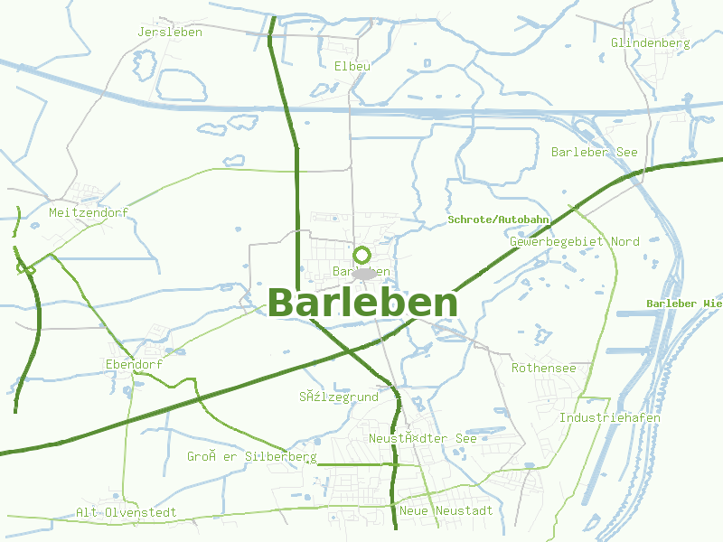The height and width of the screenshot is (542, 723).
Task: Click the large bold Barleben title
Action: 362,304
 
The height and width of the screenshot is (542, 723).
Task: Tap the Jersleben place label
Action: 170,32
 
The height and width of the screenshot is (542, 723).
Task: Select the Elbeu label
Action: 352,66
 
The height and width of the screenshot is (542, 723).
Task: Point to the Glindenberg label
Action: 650,42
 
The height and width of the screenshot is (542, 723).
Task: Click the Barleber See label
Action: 594,152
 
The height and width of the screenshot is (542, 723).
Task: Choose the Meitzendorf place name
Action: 89,212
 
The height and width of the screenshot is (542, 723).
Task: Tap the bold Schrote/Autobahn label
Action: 498,220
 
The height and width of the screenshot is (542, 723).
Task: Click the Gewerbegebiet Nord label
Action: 574,241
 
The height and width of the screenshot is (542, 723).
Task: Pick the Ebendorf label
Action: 134,364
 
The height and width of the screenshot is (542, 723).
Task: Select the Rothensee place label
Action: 543,368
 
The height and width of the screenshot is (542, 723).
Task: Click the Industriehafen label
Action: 609,417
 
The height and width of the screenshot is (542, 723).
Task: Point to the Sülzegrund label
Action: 338,396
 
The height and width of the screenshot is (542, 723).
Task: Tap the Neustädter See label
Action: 422,438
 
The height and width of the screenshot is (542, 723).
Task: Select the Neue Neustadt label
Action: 446,510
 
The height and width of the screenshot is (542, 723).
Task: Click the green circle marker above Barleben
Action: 362,255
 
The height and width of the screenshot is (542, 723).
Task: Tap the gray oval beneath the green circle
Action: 363,273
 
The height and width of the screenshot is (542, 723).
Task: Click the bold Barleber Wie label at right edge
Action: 684,304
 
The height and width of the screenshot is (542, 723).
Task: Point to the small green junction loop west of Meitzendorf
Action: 25,268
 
